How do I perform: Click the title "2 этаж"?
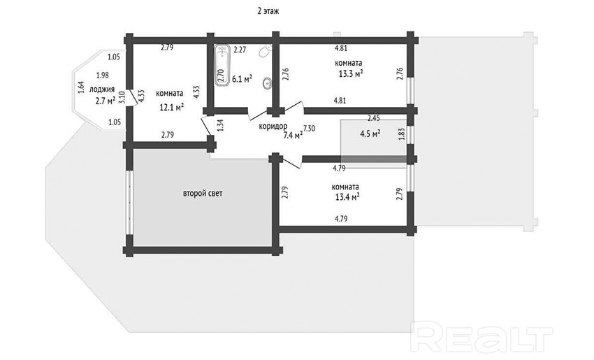(268, 11)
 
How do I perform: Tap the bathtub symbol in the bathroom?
(222, 65)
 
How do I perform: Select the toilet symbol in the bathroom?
(266, 51)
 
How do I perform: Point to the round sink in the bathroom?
(268, 83)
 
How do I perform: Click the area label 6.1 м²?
(242, 78)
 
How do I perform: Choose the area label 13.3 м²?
(351, 73)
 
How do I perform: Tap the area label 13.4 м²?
(347, 196)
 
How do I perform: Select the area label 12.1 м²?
(172, 107)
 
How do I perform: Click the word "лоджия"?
(102, 89)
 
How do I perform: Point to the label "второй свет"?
(203, 193)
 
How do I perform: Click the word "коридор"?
(273, 127)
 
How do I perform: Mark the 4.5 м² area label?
(370, 134)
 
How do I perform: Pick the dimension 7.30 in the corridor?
(309, 129)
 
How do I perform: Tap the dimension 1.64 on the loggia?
(80, 87)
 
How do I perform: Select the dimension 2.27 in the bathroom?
(240, 49)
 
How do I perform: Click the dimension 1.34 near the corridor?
(221, 125)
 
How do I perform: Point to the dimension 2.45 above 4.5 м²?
(374, 118)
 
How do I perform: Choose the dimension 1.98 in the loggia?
(102, 75)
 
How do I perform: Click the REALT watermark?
(482, 337)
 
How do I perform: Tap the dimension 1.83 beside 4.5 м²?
(402, 134)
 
